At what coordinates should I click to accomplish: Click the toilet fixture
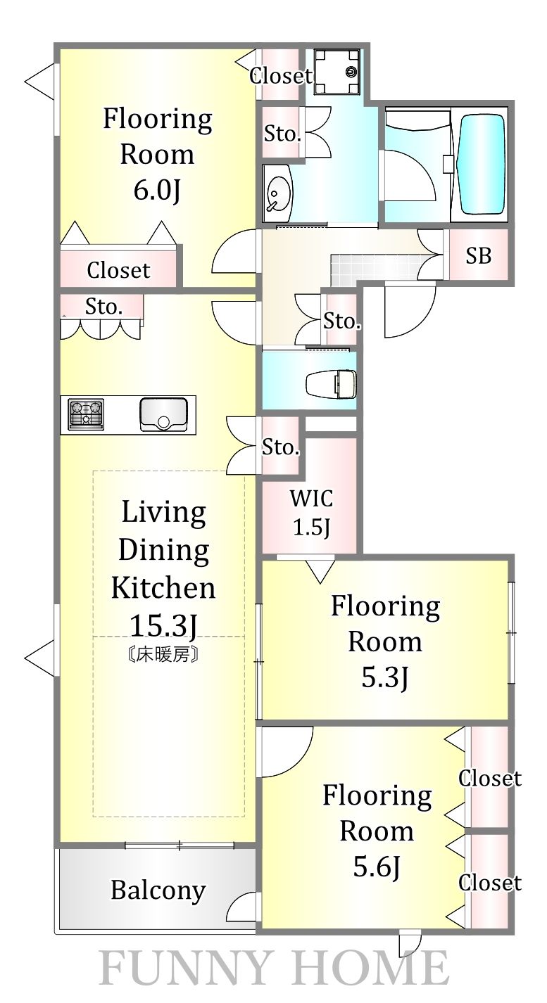[331, 383]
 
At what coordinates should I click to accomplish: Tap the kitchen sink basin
[163, 414]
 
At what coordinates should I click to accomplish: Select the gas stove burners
[86, 414]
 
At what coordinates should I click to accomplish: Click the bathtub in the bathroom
[482, 164]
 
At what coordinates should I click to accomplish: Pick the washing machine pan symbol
[337, 72]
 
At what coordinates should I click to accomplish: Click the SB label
[479, 256]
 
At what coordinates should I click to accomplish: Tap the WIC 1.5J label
[312, 512]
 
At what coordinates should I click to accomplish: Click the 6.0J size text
[157, 191]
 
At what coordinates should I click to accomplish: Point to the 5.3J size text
[385, 678]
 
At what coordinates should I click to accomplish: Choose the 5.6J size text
[377, 867]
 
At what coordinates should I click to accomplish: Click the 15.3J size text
[163, 625]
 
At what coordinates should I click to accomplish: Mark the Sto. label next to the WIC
[280, 447]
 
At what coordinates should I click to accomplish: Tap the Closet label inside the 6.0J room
[118, 270]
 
